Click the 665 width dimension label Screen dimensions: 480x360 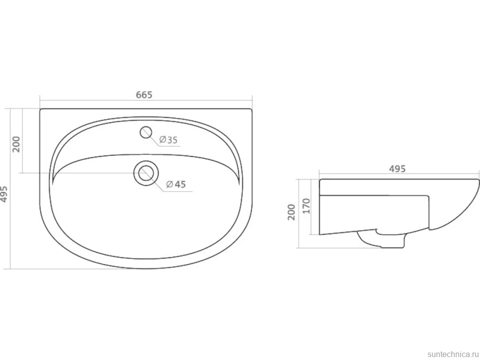(144, 95)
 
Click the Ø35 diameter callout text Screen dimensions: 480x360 (168, 140)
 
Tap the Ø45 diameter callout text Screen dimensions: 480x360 (176, 184)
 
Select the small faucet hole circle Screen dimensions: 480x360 (146, 132)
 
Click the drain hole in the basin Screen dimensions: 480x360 (145, 173)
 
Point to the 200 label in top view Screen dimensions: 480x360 (16, 144)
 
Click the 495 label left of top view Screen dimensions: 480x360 (3, 194)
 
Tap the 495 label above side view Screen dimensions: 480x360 (397, 169)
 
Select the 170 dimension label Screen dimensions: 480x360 (306, 206)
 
